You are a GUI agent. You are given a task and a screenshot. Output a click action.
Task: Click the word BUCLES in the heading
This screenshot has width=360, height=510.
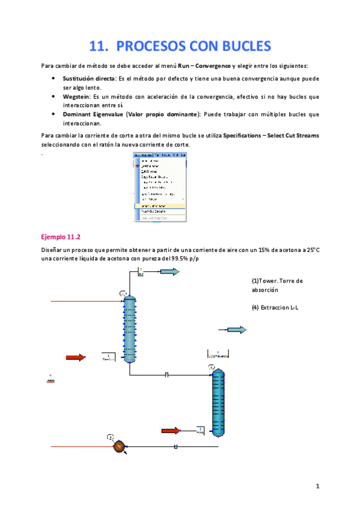tap(237, 46)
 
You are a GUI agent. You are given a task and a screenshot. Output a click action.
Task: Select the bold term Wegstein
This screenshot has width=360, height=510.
tap(76, 96)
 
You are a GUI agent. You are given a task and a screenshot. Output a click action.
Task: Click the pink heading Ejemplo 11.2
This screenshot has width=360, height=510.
tap(63, 236)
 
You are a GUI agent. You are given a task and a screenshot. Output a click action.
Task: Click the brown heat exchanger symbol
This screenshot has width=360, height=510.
tap(118, 446)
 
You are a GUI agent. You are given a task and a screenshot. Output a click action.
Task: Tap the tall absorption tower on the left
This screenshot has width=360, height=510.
tap(128, 328)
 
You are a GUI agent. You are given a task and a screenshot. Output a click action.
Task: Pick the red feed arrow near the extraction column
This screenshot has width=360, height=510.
tap(171, 430)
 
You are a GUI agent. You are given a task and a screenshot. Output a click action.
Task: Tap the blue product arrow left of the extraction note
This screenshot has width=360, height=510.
tap(236, 330)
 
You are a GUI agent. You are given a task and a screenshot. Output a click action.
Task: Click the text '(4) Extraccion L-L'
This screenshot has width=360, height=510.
tap(275, 308)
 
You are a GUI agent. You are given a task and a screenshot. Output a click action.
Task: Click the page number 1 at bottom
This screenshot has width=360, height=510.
tap(317, 485)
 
